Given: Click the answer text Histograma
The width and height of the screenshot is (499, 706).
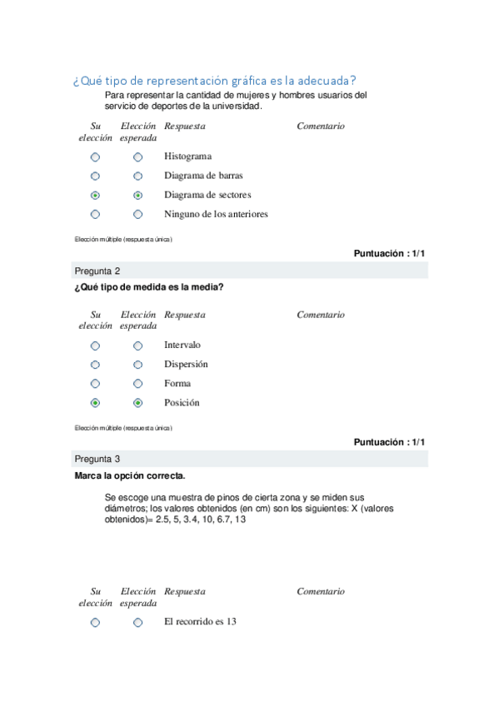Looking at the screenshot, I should point(187,157).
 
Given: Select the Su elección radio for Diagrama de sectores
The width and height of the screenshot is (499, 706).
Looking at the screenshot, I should point(95,196).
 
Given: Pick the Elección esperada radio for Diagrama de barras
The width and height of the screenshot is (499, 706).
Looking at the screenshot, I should point(137,176).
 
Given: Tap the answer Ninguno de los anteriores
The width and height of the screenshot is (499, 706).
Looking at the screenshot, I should point(216,215).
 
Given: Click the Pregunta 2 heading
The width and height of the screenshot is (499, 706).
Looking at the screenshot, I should point(97,271).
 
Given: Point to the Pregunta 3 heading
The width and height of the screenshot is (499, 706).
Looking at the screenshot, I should point(97,459).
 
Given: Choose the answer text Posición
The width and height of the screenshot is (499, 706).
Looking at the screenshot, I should point(182,403).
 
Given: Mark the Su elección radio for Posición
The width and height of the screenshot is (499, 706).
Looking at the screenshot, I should point(95,403).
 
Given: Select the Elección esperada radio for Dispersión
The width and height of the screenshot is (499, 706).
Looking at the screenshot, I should point(137,365).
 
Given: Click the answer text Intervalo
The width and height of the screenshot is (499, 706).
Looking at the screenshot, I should point(182,345).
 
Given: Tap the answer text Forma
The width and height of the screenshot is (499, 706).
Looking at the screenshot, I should point(177,384).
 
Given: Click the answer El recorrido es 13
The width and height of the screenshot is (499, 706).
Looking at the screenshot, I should point(201,622).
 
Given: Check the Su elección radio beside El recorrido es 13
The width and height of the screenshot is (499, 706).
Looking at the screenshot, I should point(95,623).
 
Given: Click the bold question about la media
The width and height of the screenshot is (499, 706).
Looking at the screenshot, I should point(149,288).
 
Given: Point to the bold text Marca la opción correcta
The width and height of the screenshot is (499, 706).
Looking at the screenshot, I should point(130,476).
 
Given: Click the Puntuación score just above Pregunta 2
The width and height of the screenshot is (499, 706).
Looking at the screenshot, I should point(389,254).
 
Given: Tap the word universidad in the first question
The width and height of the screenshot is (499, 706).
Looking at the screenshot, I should point(237,107).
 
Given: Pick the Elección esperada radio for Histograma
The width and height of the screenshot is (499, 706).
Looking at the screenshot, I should point(137,157).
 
